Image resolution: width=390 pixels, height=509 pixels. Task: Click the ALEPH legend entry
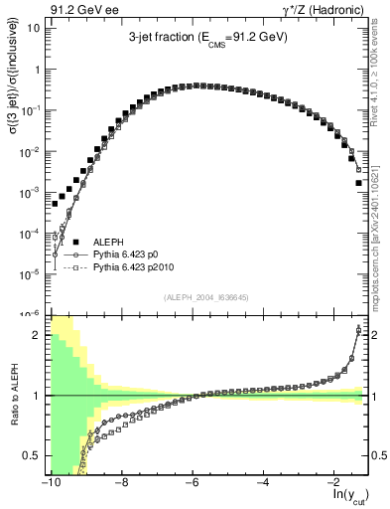[108, 242]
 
